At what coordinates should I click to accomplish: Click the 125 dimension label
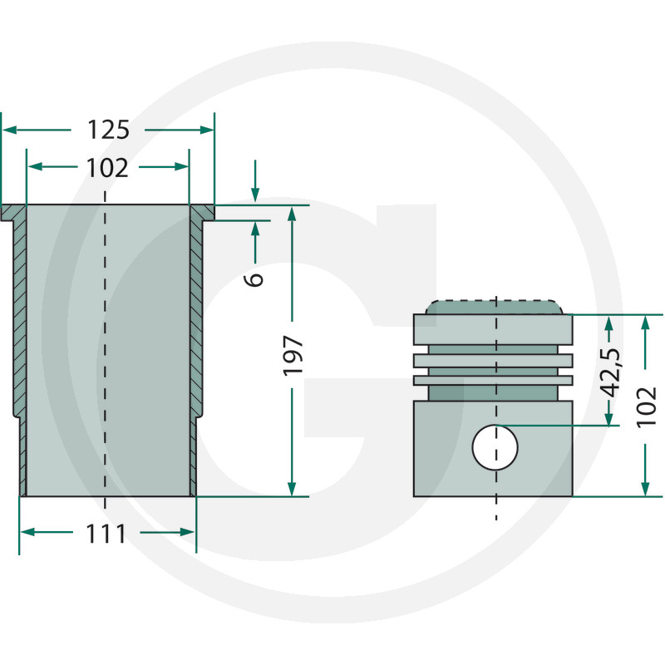point(108,130)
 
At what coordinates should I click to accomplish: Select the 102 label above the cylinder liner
point(107,168)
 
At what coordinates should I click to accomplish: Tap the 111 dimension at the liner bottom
point(106,534)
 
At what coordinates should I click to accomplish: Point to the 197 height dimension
point(293,356)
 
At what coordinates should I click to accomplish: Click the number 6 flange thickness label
point(254,279)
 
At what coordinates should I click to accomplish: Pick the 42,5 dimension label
point(612,373)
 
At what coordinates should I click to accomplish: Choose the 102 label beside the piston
point(647,407)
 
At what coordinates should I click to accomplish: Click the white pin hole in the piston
point(495,447)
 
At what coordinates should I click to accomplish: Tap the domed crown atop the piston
point(495,307)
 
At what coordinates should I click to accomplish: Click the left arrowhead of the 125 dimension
point(9,130)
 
